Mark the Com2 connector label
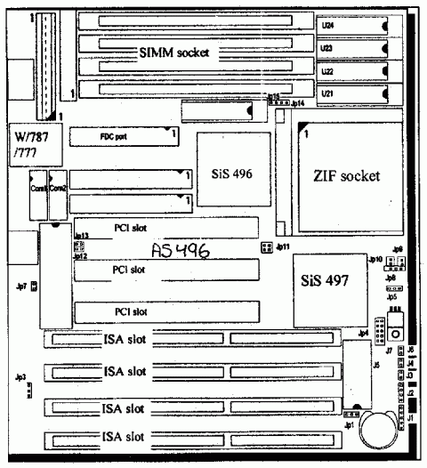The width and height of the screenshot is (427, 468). coord(58,189)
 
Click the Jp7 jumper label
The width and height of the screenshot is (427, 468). coord(20,286)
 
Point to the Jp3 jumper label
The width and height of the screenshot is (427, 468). coord(20,377)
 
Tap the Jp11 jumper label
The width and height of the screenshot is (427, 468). coord(283,246)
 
